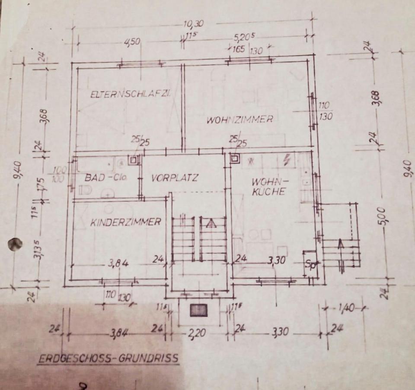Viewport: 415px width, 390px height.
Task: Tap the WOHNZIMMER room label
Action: click(x=239, y=120)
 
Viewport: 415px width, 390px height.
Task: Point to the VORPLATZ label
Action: click(x=175, y=178)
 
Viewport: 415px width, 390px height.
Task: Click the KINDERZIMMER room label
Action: click(x=125, y=222)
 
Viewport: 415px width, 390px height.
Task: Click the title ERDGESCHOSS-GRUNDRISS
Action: click(x=109, y=358)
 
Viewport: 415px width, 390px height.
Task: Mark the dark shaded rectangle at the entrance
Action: click(x=199, y=310)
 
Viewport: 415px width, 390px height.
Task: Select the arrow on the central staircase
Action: click(x=210, y=223)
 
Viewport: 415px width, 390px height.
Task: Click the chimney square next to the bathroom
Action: click(x=134, y=161)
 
